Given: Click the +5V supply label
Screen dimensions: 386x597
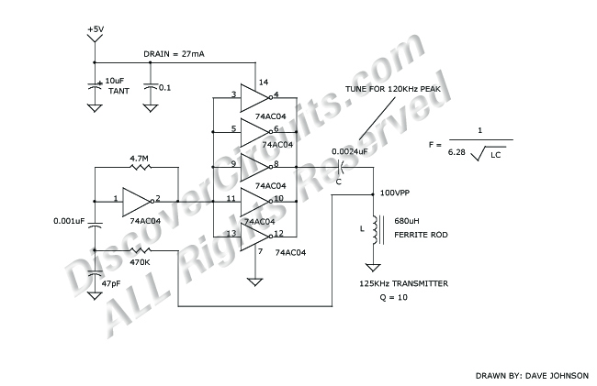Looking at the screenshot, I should coord(96,30).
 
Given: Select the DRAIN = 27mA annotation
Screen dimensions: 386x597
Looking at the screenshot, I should coord(174,55).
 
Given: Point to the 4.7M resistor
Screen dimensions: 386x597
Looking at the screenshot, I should coord(139,169).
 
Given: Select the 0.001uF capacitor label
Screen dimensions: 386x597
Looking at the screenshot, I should coord(69,221).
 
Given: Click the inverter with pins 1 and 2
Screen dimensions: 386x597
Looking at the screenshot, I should coord(138,199).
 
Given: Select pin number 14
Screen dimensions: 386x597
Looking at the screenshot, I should coord(265,83).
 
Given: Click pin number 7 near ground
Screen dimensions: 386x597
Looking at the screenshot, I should coord(260,250).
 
